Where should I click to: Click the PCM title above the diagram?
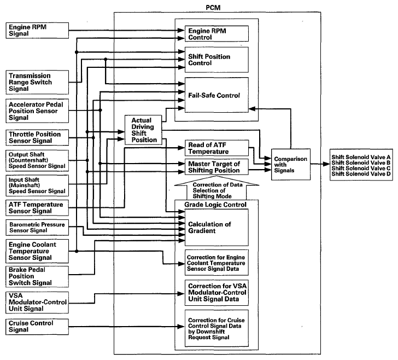(213, 8)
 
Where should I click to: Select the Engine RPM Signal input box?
(37, 31)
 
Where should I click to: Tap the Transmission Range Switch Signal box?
(37, 82)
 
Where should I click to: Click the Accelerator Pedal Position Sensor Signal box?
(37, 111)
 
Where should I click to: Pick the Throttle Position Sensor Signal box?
(37, 137)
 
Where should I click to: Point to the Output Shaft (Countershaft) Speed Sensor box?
(37, 160)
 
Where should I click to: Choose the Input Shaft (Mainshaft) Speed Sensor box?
(37, 185)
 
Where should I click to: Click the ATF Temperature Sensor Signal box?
(37, 208)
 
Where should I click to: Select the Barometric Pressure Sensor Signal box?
(37, 228)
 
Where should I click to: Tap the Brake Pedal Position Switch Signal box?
(37, 276)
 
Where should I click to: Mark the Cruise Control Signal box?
(37, 327)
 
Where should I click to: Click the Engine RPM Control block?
(216, 33)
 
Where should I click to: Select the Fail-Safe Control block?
(216, 95)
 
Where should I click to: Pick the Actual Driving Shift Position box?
(143, 130)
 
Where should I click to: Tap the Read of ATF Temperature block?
(216, 148)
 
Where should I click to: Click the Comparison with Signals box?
(291, 164)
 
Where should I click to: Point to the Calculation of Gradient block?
(216, 228)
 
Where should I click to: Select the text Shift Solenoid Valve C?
(361, 168)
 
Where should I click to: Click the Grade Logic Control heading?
(215, 205)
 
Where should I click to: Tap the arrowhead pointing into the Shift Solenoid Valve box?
(326, 164)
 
